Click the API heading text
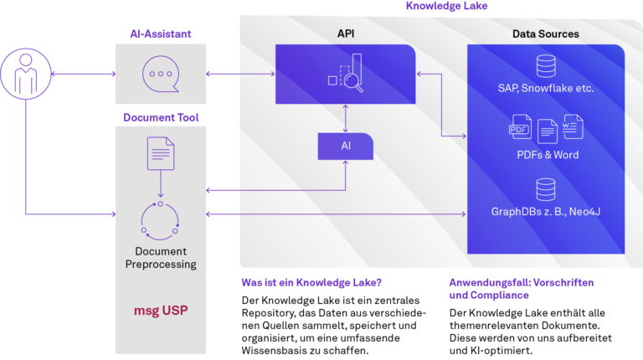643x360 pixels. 345,33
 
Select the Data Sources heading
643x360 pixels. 545,33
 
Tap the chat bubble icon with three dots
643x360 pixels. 160,74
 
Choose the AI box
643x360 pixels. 345,146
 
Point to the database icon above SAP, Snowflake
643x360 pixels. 546,64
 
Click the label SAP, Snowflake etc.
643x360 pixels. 546,88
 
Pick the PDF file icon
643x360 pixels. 521,129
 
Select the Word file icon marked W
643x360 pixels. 573,126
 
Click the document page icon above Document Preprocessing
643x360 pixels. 160,154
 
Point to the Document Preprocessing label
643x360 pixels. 160,258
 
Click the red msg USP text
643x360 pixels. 160,311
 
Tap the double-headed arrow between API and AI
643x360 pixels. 345,118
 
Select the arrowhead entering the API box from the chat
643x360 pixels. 272,74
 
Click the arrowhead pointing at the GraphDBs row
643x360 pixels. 463,214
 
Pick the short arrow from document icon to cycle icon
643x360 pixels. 160,185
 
